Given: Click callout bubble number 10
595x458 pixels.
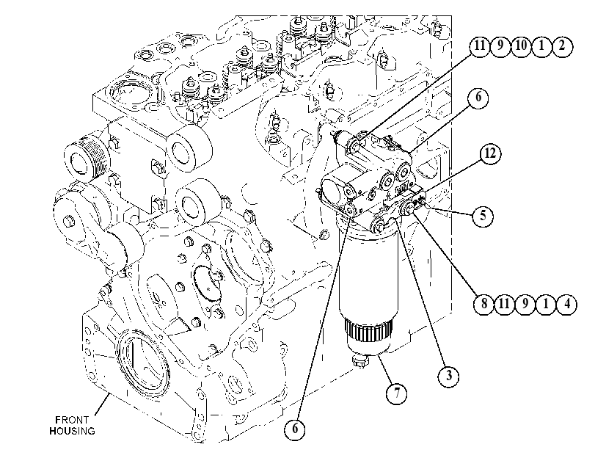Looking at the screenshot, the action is (x=521, y=46).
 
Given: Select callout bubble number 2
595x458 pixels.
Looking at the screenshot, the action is (x=561, y=46).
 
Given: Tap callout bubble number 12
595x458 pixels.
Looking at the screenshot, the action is (x=490, y=154).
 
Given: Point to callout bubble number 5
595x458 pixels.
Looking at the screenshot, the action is (x=483, y=216).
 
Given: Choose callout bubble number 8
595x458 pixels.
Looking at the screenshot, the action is (x=484, y=304).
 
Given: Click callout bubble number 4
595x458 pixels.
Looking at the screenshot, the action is (x=566, y=304).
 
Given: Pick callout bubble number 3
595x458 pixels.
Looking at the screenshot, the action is (x=448, y=376).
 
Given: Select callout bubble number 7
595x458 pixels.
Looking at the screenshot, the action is (x=396, y=393).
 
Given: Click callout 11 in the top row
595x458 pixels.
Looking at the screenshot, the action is (x=480, y=46).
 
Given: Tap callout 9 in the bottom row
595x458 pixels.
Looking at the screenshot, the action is (x=525, y=304).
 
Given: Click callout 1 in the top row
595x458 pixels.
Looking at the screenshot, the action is (x=541, y=46).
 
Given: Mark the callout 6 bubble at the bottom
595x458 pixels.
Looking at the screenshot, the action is (x=295, y=429).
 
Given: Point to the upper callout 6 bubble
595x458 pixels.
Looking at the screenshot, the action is (x=478, y=98).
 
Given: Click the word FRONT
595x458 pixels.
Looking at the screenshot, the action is (x=72, y=420).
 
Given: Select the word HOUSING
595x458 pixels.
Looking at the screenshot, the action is (x=72, y=431).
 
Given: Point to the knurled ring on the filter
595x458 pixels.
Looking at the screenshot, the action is (x=369, y=330).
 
